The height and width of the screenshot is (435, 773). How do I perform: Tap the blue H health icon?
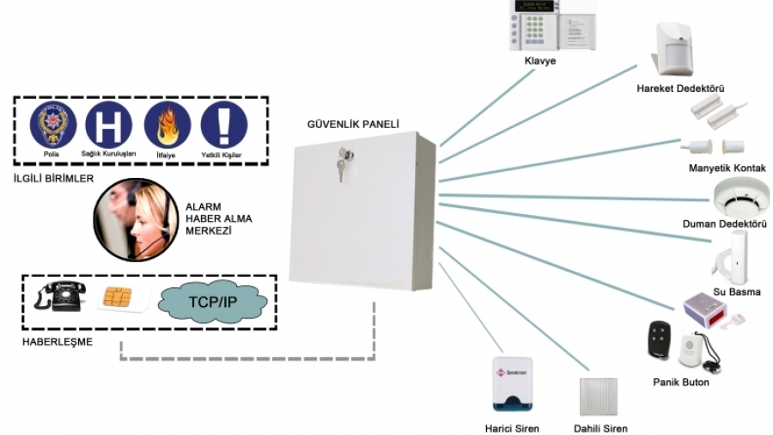pos(109,126)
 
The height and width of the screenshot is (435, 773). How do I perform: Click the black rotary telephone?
pos(58,297)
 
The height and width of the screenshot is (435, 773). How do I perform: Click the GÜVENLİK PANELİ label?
pos(354,124)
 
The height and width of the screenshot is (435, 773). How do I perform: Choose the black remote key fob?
pos(659,340)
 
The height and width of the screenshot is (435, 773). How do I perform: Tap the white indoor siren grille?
pos(600,398)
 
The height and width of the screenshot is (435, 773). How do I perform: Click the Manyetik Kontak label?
pos(727,168)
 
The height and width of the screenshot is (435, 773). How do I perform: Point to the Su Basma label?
pos(737,292)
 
